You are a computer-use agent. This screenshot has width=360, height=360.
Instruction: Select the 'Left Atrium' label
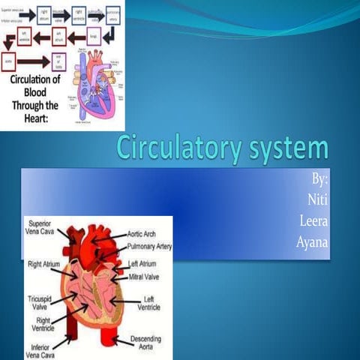point(143,264)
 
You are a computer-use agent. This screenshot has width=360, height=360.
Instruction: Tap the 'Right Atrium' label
point(44,265)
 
